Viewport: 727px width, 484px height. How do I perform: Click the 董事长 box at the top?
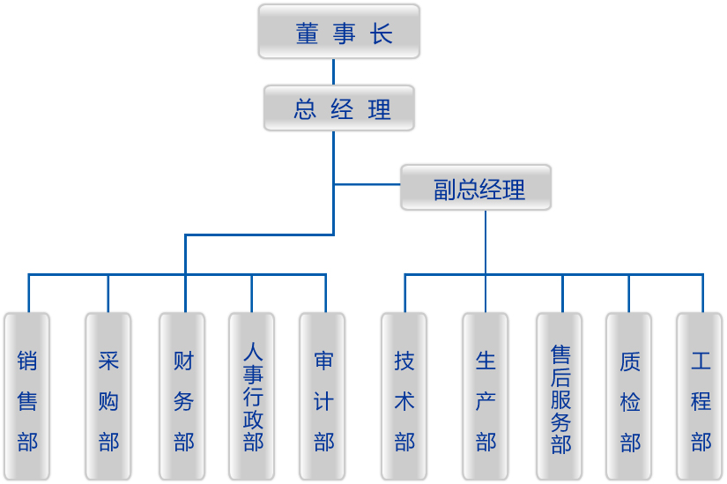(x=339, y=33)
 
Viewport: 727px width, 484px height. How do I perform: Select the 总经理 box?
(x=339, y=108)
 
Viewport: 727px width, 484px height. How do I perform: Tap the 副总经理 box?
(x=476, y=188)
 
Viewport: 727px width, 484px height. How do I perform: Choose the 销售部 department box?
(x=27, y=396)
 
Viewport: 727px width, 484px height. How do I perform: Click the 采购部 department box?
(x=108, y=396)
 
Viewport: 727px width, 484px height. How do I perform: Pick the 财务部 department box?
(x=182, y=396)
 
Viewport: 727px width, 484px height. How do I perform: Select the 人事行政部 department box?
(x=252, y=396)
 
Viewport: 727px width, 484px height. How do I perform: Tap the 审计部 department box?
(x=323, y=396)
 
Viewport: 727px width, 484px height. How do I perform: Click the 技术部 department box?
(x=404, y=396)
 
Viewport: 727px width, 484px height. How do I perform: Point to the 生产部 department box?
(x=486, y=396)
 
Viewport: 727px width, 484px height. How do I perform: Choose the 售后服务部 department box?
(x=560, y=396)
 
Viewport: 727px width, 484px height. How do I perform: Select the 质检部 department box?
(x=629, y=396)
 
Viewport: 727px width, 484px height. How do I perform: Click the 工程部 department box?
(x=700, y=396)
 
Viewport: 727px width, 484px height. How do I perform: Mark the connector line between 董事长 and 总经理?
(x=334, y=72)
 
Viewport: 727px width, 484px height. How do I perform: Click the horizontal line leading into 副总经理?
(x=367, y=185)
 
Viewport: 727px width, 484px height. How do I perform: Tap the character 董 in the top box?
(x=306, y=34)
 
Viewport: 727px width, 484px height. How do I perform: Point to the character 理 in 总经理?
(x=380, y=110)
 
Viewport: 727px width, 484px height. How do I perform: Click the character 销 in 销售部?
(x=27, y=361)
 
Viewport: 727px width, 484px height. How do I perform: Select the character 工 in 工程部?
(x=701, y=361)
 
